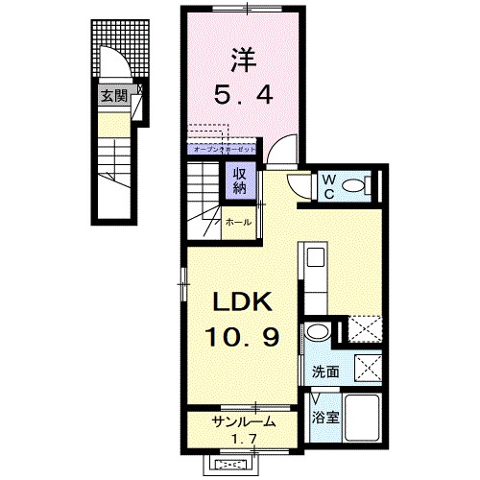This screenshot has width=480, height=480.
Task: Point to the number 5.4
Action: coord(244,95)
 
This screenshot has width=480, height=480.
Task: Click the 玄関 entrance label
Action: coord(113,94)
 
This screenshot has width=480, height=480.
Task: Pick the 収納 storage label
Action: coord(236,180)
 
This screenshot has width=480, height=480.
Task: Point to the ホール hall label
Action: coord(238,223)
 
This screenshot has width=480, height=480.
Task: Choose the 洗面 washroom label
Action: coord(324,372)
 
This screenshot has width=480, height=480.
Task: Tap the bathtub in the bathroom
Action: coord(362,420)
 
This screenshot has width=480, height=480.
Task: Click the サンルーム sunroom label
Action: coord(245,421)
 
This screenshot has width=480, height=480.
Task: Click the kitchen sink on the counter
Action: coord(316,257)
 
